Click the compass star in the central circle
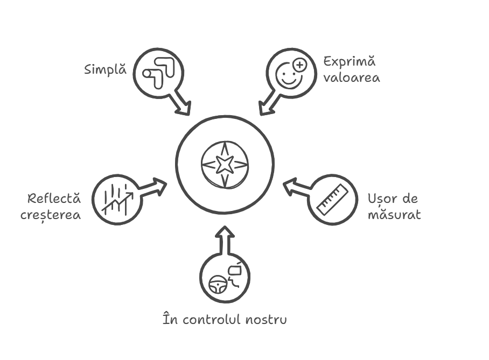[225, 164]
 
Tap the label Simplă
[105, 70]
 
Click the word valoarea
[352, 77]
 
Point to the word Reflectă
[54, 199]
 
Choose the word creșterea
[51, 215]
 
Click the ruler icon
[332, 199]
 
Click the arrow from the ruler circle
[296, 187]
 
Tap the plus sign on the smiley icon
[299, 66]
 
